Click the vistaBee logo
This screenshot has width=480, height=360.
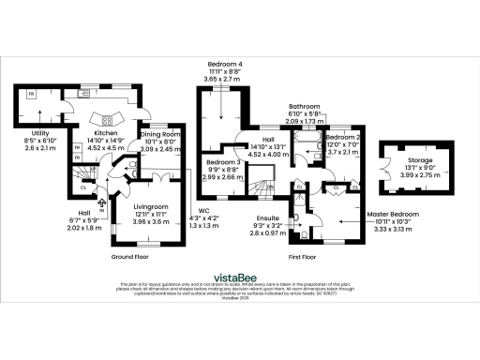[x=239, y=277]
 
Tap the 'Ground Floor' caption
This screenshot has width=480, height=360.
[x=131, y=256]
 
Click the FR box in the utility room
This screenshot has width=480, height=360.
[x=31, y=96]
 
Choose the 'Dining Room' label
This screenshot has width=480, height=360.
[x=157, y=135]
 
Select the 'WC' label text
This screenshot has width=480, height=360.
[x=203, y=210]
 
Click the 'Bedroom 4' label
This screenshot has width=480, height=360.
[x=224, y=64]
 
